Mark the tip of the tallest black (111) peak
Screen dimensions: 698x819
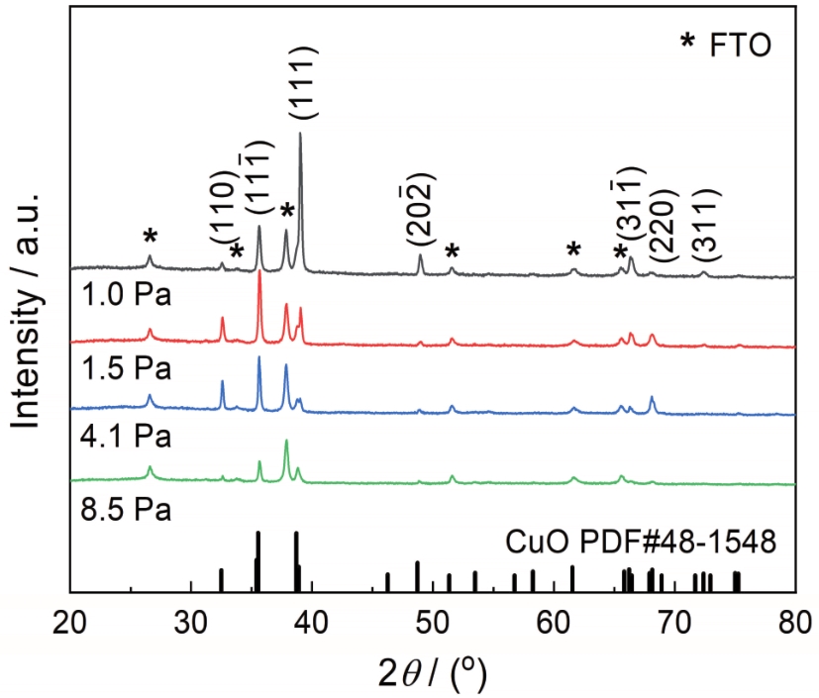[300, 133]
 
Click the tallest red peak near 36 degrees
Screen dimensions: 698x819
[259, 272]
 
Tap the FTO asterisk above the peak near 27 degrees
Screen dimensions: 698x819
[151, 237]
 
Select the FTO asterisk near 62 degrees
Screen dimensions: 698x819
[573, 249]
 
